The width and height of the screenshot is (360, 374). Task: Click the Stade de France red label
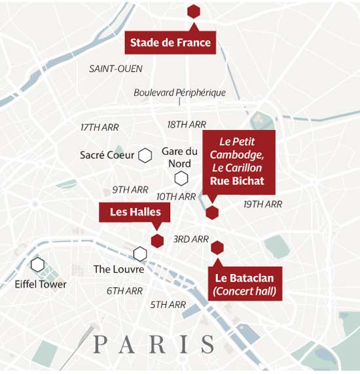coord(170,43)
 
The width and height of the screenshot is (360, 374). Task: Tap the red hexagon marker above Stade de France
coord(193,11)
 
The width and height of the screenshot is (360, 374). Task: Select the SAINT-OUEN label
coord(115,69)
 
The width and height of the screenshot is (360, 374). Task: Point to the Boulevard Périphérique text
coord(179,93)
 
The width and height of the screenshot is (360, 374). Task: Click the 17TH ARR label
coord(99,127)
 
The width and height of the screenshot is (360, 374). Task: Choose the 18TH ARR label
coord(187,124)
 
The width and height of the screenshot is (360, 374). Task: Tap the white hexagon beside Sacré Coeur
coord(145,155)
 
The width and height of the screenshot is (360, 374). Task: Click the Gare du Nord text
coord(179,158)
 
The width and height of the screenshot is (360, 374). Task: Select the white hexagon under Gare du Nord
coord(181,178)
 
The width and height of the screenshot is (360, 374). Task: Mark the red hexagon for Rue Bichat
coord(211,212)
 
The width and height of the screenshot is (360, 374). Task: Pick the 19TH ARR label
coord(262,205)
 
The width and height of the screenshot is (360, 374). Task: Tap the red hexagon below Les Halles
coord(156,240)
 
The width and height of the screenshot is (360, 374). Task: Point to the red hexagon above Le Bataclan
coord(217,247)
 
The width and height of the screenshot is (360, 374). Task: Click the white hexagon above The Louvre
coord(139,253)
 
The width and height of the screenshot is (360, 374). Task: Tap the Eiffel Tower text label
coord(41,284)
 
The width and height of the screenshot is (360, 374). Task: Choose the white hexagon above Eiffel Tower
coord(37,265)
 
